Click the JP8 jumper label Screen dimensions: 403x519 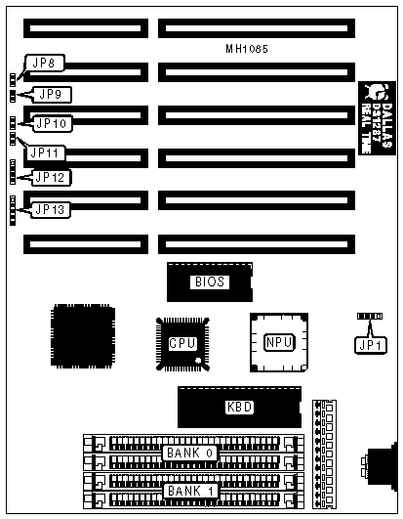coord(45,63)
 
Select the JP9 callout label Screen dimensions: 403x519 coord(51,95)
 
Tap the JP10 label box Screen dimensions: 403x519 coord(52,124)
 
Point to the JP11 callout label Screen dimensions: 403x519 coord(46,152)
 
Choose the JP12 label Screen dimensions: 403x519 coord(51,178)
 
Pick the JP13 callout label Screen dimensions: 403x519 coord(50,209)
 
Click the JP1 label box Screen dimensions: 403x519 coord(371,345)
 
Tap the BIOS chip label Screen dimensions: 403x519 coord(210,282)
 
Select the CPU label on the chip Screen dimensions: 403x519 coord(182,344)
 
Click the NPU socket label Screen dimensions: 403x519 coord(279,342)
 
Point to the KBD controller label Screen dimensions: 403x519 coord(239,407)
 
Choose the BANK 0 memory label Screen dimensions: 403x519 coord(189,453)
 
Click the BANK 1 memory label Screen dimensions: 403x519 coord(190,491)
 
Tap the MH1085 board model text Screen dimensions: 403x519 coord(247,49)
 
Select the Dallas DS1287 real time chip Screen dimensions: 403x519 coord(377,118)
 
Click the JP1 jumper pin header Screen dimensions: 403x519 coord(370,317)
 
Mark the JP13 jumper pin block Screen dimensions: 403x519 coord(13,210)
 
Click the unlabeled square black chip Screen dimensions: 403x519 coord(83,335)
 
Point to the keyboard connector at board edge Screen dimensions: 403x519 coord(380,464)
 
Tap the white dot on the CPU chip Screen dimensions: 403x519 coord(198,361)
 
